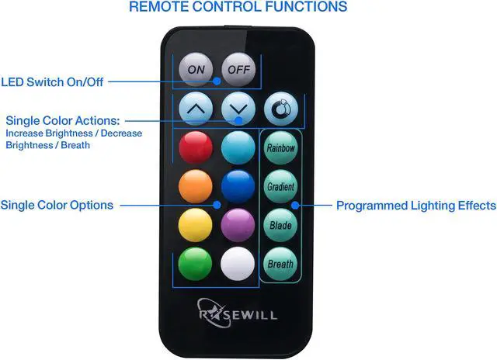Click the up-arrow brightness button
pos(196,109)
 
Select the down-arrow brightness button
pos(238,109)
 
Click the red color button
pos(196,147)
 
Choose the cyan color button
pos(238,147)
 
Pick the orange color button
pos(196,186)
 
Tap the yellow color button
pos(196,226)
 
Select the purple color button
pos(238,226)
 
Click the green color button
pos(196,264)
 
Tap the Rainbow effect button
pos(280,147)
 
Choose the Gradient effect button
pos(280,187)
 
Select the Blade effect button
pos(280,226)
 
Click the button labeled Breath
pos(280,264)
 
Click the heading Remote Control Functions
pos(238,8)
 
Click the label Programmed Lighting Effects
pos(415,206)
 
